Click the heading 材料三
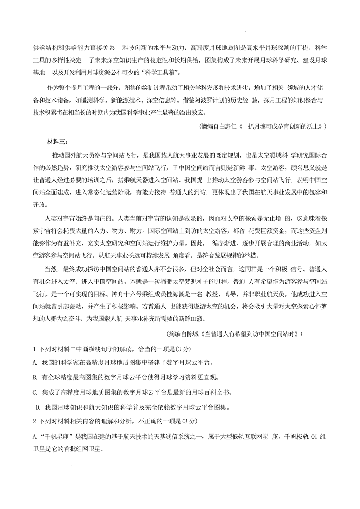pos(56,143)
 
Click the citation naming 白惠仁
pos(262,127)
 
